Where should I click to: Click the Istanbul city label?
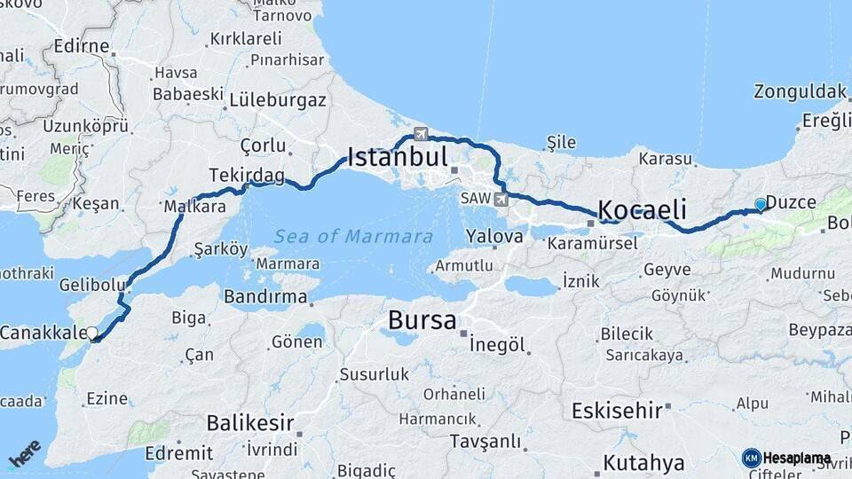tap(397, 158)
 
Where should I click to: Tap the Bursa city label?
tap(422, 319)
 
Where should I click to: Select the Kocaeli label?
tap(643, 210)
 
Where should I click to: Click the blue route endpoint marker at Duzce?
tap(760, 204)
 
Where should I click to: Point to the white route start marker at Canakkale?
tap(91, 334)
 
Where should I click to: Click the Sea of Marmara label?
tap(353, 237)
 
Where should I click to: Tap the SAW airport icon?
tap(501, 198)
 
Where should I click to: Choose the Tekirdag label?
tap(247, 175)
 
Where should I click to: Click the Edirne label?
tap(81, 45)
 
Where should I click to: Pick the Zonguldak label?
tap(800, 91)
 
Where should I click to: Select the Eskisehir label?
tap(617, 411)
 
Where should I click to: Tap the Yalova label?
tap(495, 237)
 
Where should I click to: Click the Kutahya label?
tap(644, 462)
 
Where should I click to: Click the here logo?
tap(25, 452)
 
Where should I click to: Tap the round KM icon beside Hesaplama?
tap(751, 458)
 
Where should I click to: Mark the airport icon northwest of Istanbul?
tap(420, 135)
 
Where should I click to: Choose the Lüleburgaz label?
tap(277, 100)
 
